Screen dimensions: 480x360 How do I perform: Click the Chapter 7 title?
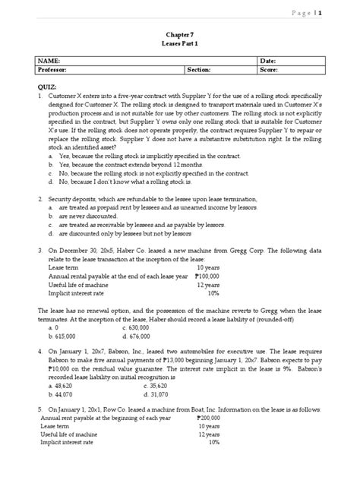click(x=179, y=33)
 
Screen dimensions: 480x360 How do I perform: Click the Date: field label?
click(x=270, y=59)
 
